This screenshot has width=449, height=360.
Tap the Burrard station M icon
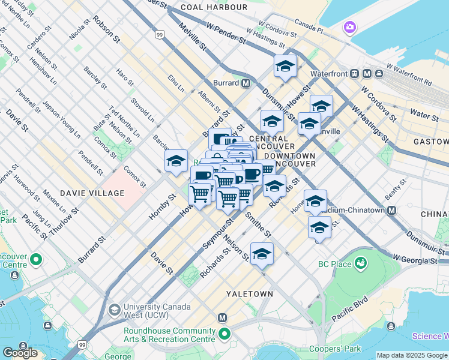click(246, 83)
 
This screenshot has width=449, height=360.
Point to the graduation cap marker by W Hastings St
click(285, 67)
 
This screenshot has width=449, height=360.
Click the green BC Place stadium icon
click(361, 263)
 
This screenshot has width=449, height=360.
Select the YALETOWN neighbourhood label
click(249, 294)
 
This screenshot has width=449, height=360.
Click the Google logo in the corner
click(20, 353)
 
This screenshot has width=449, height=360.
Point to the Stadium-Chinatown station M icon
click(391, 210)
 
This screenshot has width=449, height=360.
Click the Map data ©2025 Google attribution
click(412, 355)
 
